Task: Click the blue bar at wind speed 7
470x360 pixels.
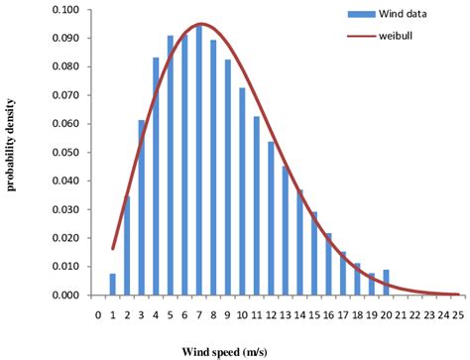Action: (x=199, y=161)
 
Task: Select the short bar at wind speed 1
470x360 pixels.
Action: (x=113, y=285)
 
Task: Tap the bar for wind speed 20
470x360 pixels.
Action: (x=386, y=283)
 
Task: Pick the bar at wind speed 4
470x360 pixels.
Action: (x=156, y=177)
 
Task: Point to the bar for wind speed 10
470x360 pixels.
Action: (x=242, y=191)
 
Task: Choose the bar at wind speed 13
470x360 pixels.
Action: (x=286, y=231)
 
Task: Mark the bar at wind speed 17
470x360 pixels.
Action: (x=343, y=274)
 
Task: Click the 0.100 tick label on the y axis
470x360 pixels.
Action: (x=65, y=10)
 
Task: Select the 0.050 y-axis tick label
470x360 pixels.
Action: (x=65, y=153)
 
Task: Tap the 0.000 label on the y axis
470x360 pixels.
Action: (x=65, y=295)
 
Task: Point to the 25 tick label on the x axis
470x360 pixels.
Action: (x=458, y=314)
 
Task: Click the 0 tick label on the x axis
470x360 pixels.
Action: (x=98, y=314)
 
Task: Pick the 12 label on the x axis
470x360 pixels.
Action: (x=271, y=314)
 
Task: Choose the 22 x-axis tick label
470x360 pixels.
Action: (x=414, y=314)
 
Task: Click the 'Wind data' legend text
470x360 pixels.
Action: (x=403, y=14)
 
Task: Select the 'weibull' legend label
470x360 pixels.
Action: (x=396, y=36)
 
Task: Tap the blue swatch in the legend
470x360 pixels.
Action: (x=361, y=14)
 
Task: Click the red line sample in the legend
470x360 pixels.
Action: (x=361, y=36)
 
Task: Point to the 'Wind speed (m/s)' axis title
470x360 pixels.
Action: (x=224, y=352)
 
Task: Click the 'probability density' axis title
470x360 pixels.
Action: (x=11, y=145)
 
